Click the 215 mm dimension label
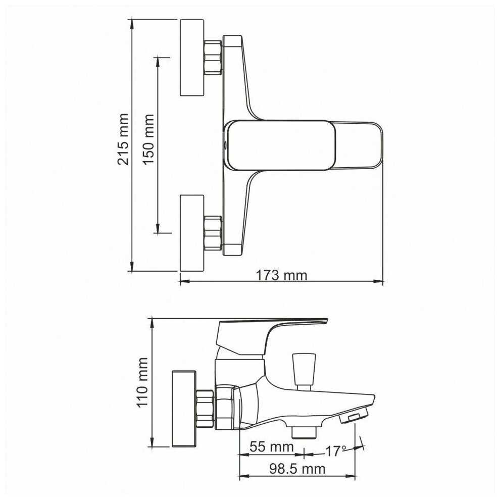point(123,139)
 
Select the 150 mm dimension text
point(148,139)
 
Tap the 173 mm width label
point(282,275)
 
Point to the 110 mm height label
point(142,382)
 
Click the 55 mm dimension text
point(272,447)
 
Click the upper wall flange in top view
point(192,58)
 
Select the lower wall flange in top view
point(192,233)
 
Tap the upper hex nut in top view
point(213,58)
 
